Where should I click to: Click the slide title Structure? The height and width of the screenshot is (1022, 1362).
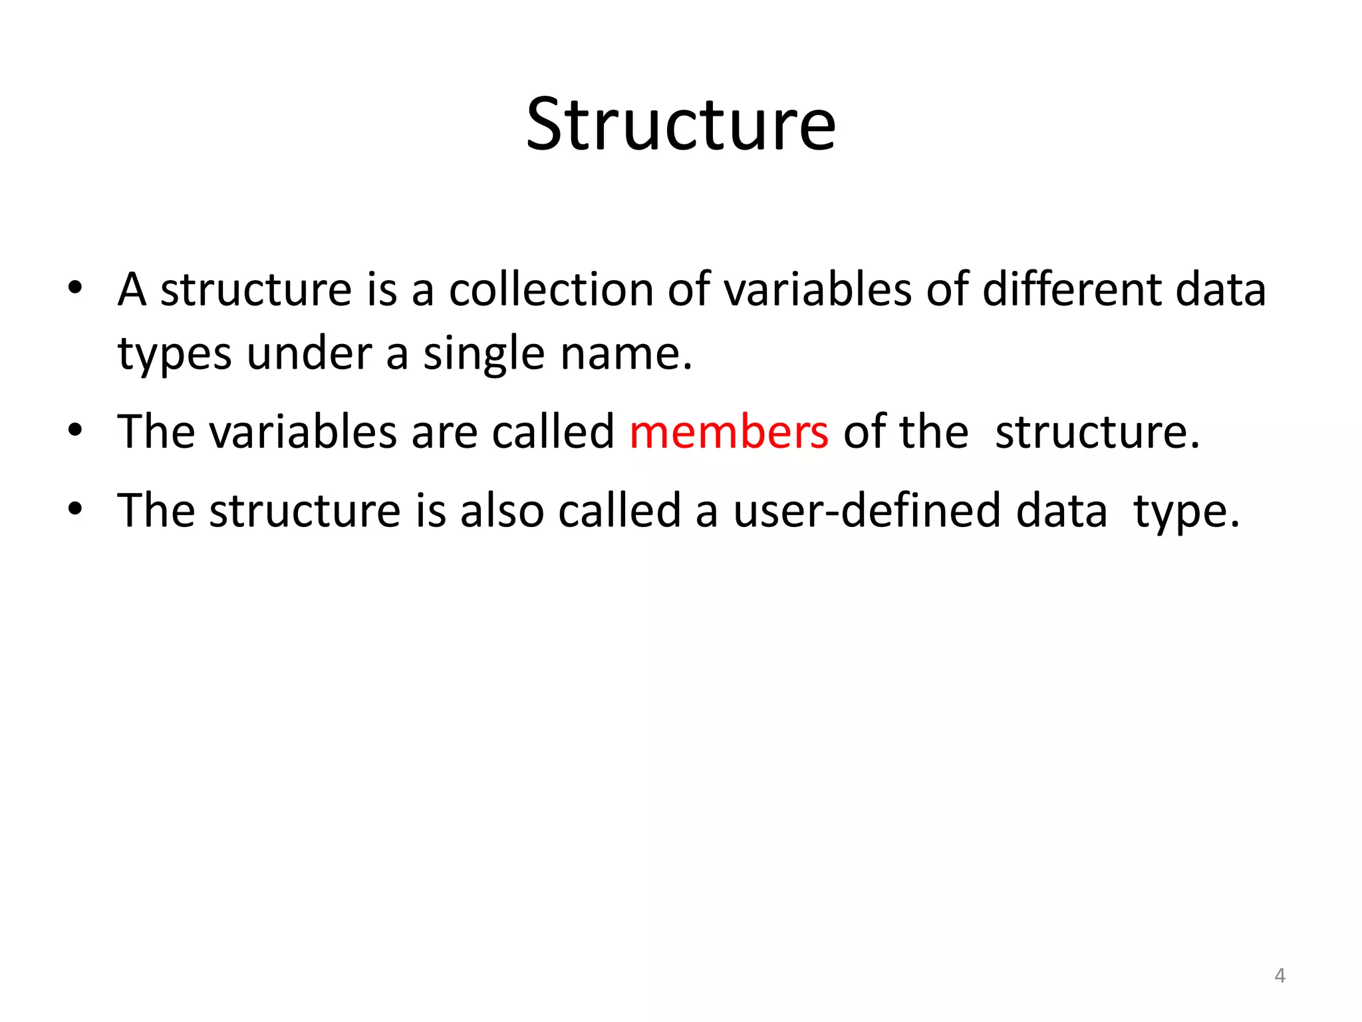point(680,124)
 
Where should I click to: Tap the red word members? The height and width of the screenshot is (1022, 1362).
point(729,432)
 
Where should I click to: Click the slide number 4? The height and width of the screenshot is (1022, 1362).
point(1280,976)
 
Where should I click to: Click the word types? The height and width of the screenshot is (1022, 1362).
point(174,355)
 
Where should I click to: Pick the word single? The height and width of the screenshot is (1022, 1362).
point(483,353)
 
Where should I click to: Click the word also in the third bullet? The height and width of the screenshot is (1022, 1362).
point(502,511)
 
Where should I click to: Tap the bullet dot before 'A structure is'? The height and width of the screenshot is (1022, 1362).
point(74,287)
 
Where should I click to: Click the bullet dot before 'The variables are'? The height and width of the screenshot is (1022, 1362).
point(74,430)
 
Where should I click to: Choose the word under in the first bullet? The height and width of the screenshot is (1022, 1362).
point(309,353)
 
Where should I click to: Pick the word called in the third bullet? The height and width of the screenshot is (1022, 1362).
point(619,511)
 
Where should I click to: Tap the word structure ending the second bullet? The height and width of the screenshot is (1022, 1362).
point(1097,432)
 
